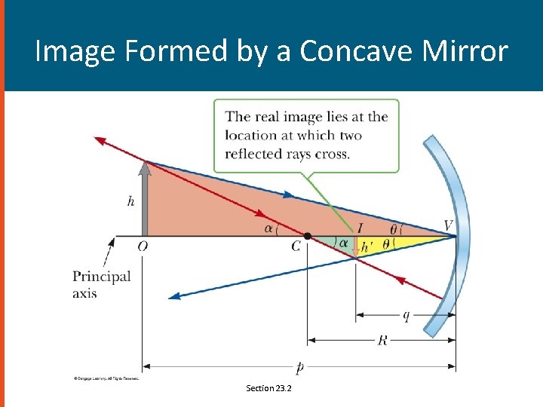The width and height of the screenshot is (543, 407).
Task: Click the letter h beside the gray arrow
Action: pyautogui.click(x=131, y=202)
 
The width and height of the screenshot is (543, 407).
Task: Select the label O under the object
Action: pyautogui.click(x=143, y=246)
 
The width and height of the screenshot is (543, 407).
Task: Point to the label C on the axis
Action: pyautogui.click(x=296, y=247)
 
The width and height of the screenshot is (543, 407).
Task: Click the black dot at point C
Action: pyautogui.click(x=308, y=236)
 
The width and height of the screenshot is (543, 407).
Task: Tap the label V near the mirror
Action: pyautogui.click(x=448, y=225)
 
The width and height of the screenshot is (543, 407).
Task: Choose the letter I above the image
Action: pyautogui.click(x=360, y=228)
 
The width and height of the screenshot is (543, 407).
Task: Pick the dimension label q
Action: pyautogui.click(x=406, y=316)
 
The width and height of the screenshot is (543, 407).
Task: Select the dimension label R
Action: pyautogui.click(x=382, y=341)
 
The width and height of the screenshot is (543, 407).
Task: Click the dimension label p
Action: pyautogui.click(x=299, y=368)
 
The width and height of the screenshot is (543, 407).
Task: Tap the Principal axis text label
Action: pyautogui.click(x=101, y=284)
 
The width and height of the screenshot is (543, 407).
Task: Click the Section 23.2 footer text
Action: pyautogui.click(x=268, y=388)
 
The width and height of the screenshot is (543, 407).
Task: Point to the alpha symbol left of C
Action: pyautogui.click(x=268, y=228)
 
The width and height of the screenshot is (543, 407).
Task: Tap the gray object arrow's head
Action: pyautogui.click(x=145, y=167)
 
